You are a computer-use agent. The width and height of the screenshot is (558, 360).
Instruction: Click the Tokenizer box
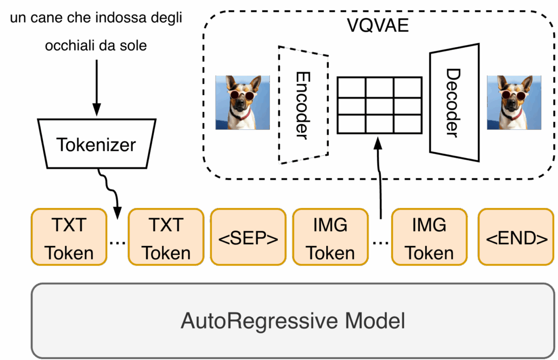(x=96, y=144)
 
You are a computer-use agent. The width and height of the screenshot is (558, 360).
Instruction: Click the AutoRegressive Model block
(x=293, y=320)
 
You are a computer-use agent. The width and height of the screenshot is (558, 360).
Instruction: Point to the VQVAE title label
(x=378, y=25)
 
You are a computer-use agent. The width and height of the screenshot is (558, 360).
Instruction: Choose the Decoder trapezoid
(x=453, y=103)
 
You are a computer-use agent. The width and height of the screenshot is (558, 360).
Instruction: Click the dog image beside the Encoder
(x=242, y=102)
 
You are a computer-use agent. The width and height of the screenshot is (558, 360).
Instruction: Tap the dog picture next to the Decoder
(x=513, y=102)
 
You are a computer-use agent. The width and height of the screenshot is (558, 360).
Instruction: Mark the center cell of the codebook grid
(x=379, y=104)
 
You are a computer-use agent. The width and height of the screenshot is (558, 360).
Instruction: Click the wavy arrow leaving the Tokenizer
(x=108, y=189)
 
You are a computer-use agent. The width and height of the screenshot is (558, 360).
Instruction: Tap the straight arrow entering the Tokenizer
(x=96, y=87)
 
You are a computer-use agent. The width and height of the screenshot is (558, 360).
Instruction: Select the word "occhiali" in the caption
(x=69, y=45)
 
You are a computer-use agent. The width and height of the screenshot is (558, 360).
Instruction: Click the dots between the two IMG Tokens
(x=380, y=243)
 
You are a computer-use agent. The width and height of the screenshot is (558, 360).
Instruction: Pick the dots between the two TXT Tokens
(x=117, y=243)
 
